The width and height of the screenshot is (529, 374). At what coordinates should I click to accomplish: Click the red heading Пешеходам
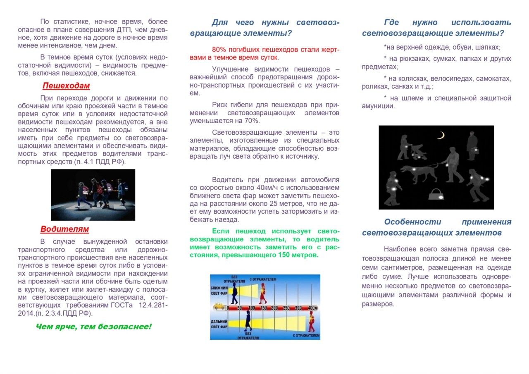(66, 86)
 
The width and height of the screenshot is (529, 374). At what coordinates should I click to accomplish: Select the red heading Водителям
(64, 229)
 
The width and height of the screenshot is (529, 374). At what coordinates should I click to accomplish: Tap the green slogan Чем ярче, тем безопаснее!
(93, 327)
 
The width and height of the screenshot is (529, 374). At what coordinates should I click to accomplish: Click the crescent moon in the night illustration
(441, 135)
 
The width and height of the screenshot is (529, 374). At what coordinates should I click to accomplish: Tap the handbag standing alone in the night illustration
(436, 194)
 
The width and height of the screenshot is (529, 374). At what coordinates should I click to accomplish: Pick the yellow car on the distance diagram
(219, 307)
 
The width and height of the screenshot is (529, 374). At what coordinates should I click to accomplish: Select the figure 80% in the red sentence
(219, 50)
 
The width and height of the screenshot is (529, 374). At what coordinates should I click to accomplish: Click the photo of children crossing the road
(93, 195)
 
